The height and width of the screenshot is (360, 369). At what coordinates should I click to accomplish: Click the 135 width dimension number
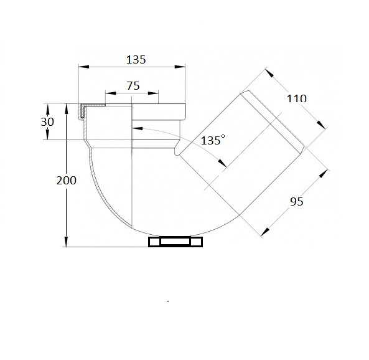(x=136, y=60)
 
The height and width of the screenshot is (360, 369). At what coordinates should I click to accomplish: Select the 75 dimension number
(x=133, y=86)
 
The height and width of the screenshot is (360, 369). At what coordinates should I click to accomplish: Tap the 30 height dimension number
(x=47, y=122)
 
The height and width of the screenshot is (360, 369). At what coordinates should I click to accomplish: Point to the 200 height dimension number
(x=67, y=181)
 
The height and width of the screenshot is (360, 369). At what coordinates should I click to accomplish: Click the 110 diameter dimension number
(x=297, y=98)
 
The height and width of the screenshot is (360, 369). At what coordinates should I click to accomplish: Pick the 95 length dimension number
(x=297, y=202)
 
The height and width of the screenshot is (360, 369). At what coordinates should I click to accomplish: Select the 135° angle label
(x=213, y=140)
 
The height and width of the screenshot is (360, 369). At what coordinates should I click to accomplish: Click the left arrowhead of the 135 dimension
(x=84, y=67)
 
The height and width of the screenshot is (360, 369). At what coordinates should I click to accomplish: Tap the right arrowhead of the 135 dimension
(x=180, y=67)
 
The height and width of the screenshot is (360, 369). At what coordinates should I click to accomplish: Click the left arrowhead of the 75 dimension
(x=111, y=93)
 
